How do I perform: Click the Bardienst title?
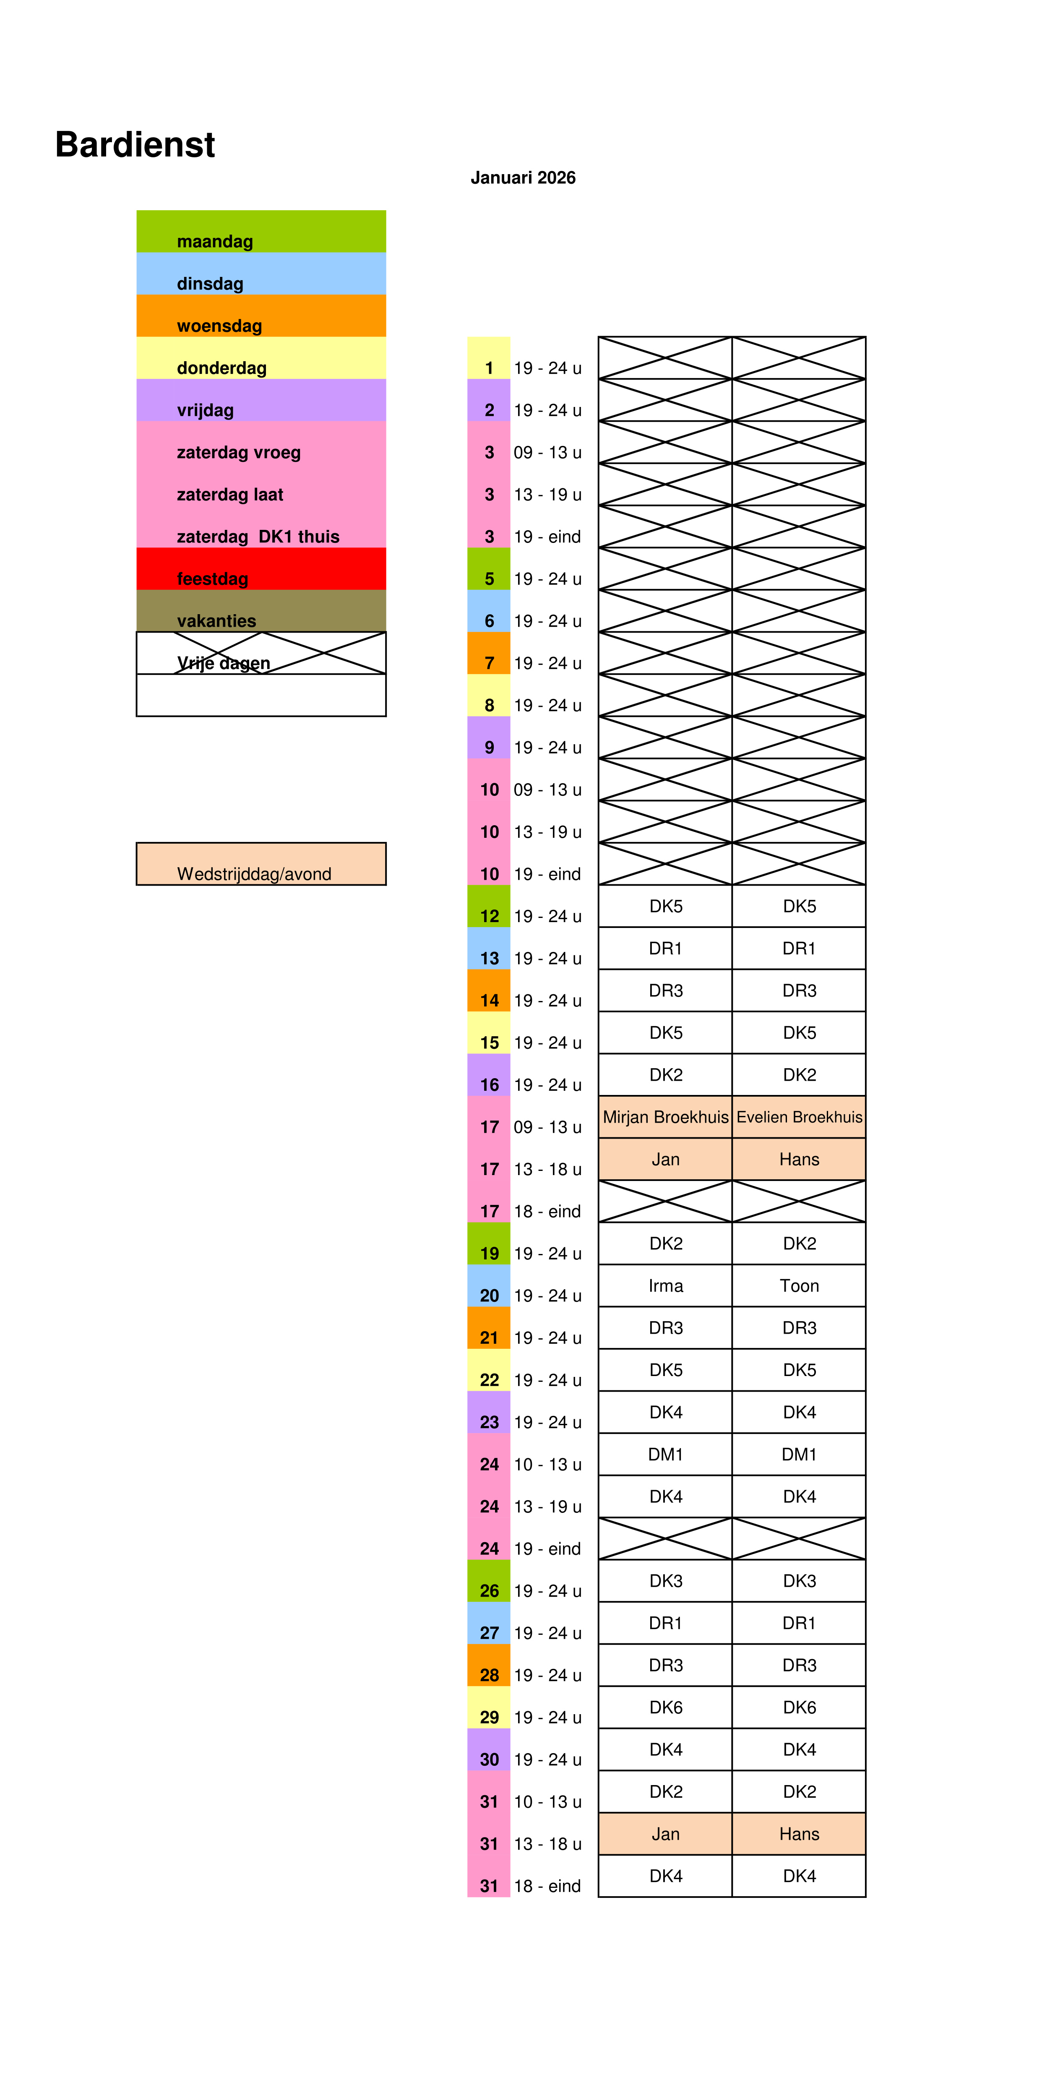[x=135, y=145]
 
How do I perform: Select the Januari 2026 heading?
[x=523, y=177]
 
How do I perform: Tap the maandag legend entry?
[x=215, y=241]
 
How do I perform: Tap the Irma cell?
[x=666, y=1285]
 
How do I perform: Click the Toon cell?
[x=799, y=1285]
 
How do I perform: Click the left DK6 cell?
[x=666, y=1707]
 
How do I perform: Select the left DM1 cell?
[x=666, y=1454]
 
